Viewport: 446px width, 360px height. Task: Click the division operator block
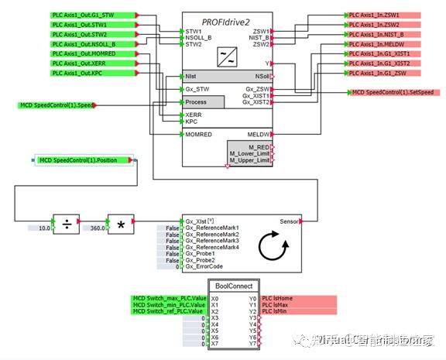pos(67,224)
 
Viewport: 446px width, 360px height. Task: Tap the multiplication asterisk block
pos(121,224)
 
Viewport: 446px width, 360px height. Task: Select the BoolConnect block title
pos(234,286)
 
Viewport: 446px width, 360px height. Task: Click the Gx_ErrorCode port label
pos(205,266)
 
